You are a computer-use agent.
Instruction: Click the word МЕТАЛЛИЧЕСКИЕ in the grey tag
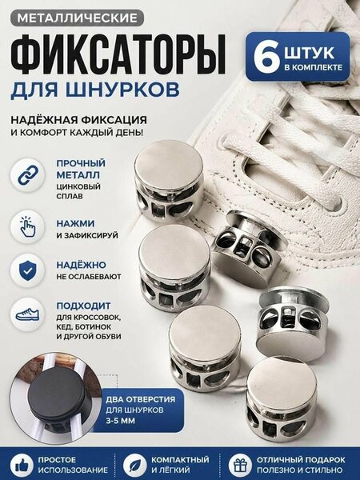[77, 18]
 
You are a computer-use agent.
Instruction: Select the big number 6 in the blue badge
[266, 58]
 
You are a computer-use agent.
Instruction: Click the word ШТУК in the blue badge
[309, 53]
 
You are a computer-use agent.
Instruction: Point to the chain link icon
[28, 175]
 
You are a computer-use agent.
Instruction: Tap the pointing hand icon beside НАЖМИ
[28, 227]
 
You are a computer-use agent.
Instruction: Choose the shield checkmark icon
[28, 270]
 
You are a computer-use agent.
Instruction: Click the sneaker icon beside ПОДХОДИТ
[28, 314]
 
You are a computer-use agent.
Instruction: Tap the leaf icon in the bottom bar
[135, 466]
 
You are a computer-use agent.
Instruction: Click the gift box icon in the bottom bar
[240, 466]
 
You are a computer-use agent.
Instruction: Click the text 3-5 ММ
[120, 421]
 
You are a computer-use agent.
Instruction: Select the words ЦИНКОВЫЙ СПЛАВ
[78, 191]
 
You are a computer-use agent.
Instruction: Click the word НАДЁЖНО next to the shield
[81, 265]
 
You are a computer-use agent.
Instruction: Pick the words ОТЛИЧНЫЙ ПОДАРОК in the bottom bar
[301, 460]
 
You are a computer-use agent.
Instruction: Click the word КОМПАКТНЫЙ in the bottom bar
[180, 460]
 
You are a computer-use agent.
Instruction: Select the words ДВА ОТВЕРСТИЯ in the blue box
[141, 399]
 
